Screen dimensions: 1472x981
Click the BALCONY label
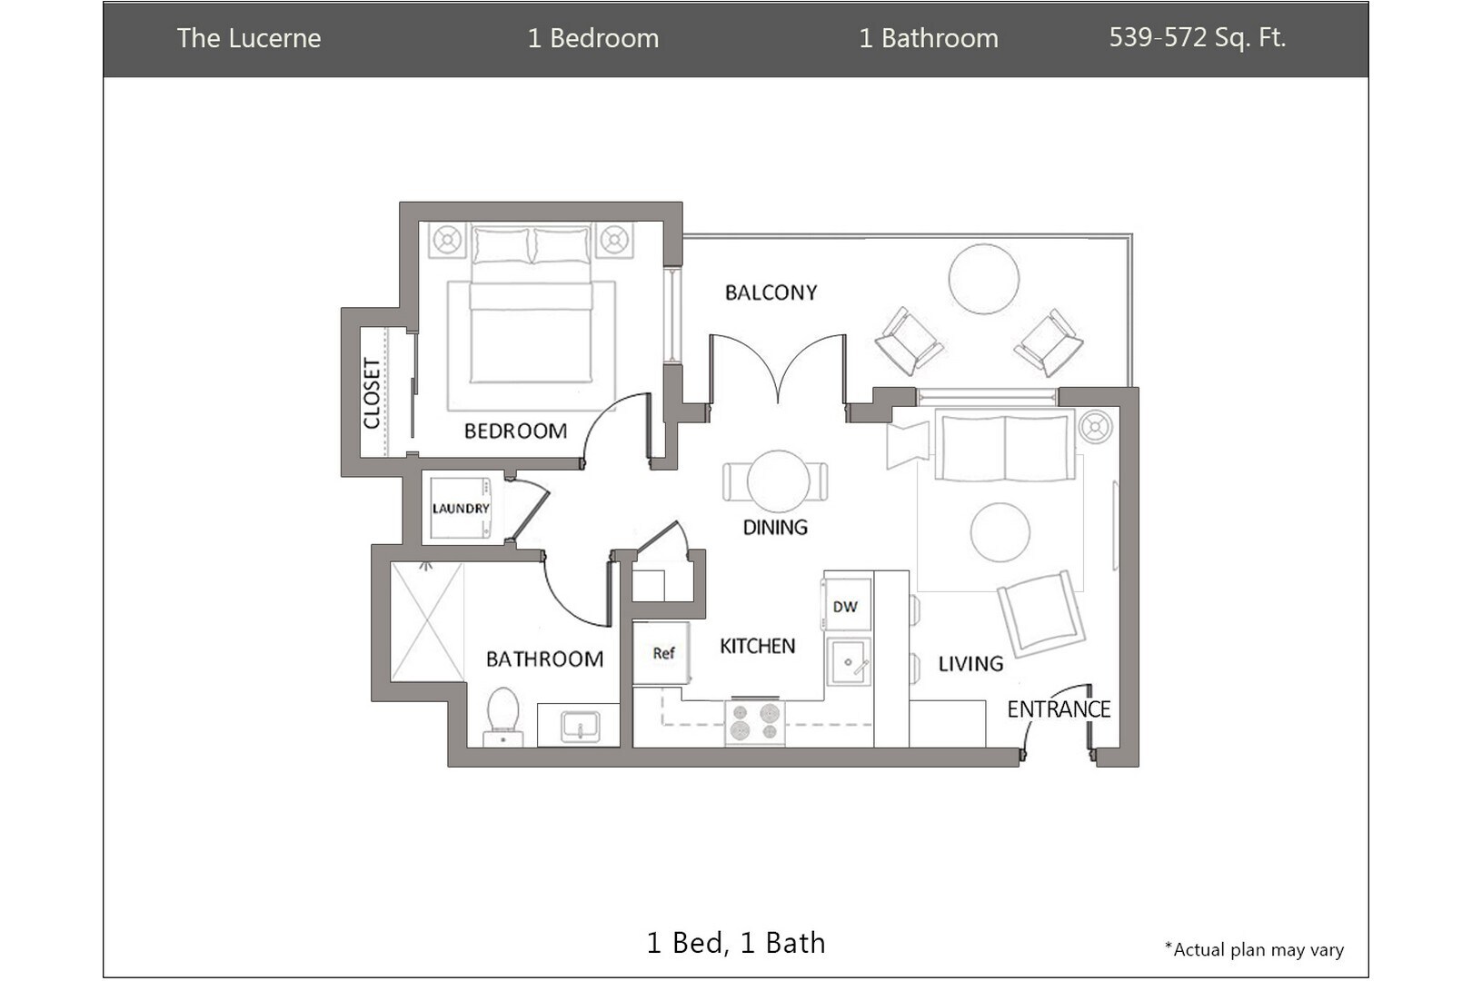pos(771,292)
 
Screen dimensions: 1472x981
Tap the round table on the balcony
pos(983,279)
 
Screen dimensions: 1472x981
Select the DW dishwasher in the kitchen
pos(847,605)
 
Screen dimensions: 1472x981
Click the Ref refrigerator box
pos(661,652)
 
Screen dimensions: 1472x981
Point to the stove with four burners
pos(754,721)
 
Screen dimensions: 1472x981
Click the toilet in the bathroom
pos(502,717)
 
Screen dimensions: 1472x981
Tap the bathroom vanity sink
pos(580,727)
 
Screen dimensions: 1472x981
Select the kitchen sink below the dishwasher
pos(849,661)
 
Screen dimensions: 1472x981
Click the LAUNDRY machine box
pos(460,508)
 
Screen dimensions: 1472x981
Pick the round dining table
pos(778,481)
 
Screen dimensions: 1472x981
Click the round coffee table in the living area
pos(1000,532)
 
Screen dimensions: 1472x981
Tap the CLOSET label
pos(372,393)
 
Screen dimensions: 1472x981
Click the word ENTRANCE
pos(1059,709)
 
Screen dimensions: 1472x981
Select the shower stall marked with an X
pos(427,621)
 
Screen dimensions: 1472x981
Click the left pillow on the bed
pos(501,245)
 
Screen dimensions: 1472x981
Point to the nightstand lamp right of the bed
pos(614,240)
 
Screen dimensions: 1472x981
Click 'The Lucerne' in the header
pos(249,38)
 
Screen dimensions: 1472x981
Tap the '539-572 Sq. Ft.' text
pos(1198,37)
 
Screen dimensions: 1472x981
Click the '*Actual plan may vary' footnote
pos(1254,949)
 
